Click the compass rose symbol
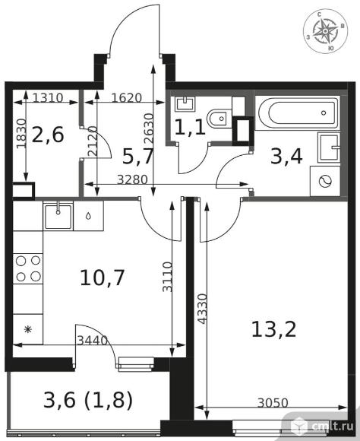coord(325,31)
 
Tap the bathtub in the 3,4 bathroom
coord(298,113)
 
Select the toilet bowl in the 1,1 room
coord(219,119)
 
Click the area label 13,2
coord(273,329)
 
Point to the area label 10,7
coord(102,278)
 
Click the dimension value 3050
coord(273,403)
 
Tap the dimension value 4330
coord(202,309)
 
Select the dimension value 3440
coord(93,341)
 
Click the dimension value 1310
coord(48,98)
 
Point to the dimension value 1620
coord(127,98)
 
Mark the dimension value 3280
coord(132,179)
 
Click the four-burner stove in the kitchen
coord(28,268)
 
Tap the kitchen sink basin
coord(58,216)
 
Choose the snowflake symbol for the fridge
coord(28,329)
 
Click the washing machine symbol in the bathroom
coord(325,181)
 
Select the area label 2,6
coord(48,135)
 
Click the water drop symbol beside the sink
coord(88,216)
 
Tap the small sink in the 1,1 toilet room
coord(185,104)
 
